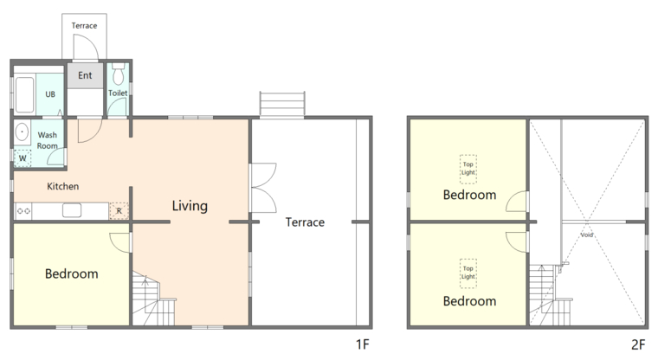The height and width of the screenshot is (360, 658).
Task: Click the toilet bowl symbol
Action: tap(119, 74)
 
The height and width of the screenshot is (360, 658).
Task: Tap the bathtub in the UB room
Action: tap(24, 94)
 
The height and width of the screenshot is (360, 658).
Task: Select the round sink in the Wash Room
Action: tap(22, 132)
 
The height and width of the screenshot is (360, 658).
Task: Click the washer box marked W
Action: tap(23, 158)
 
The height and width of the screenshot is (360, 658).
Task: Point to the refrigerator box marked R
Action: tap(119, 210)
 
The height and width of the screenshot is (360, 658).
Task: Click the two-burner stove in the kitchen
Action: tap(23, 211)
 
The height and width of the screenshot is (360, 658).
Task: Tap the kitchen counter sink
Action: tap(72, 210)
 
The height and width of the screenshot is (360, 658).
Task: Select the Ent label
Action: tap(85, 75)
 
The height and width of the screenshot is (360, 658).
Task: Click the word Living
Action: tap(190, 206)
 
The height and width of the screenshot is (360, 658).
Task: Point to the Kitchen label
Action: tap(62, 186)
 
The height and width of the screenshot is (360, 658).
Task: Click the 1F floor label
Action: tap(363, 344)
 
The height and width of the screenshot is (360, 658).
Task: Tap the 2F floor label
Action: tap(638, 344)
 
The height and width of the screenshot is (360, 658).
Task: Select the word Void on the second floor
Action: tap(587, 235)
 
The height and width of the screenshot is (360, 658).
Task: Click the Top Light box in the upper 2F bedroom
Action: tap(468, 169)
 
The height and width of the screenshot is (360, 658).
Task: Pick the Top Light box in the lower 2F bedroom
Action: tap(468, 273)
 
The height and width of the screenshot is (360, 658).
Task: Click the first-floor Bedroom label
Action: tap(71, 274)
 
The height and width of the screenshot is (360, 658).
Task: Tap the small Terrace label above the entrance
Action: tap(84, 26)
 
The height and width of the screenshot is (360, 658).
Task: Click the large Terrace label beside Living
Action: tap(305, 222)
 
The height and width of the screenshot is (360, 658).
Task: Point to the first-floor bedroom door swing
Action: tap(120, 242)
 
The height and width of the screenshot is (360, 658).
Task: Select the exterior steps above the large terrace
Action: tap(282, 105)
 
